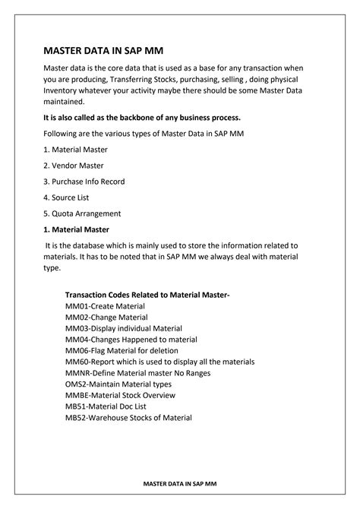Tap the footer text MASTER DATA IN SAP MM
179,482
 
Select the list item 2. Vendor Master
73,166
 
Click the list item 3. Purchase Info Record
84,182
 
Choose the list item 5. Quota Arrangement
81,213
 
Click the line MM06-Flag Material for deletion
122,350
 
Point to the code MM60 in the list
77,362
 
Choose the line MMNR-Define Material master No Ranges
138,373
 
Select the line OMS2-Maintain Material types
118,384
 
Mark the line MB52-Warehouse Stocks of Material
128,418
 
